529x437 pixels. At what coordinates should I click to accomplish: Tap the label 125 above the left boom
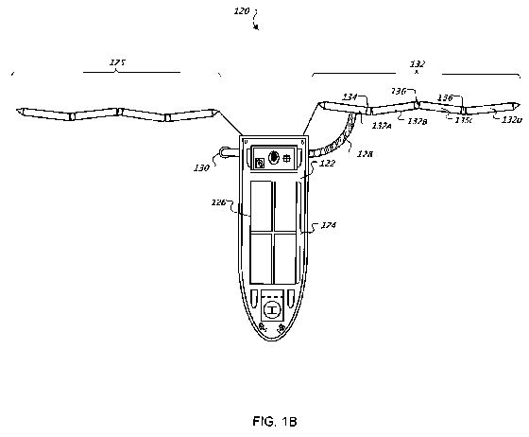pyautogui.click(x=117, y=63)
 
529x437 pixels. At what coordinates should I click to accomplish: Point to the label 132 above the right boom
pyautogui.click(x=418, y=63)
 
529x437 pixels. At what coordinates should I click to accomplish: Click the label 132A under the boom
pyautogui.click(x=383, y=124)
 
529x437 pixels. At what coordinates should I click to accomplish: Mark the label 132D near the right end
pyautogui.click(x=511, y=121)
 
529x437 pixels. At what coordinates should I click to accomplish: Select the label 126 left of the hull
pyautogui.click(x=222, y=201)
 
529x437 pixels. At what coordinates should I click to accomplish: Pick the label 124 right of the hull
pyautogui.click(x=329, y=224)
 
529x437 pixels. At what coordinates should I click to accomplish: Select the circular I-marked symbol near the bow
pyautogui.click(x=273, y=307)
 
